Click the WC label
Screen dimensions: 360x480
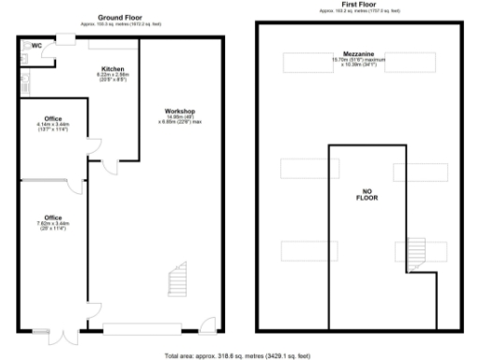point(37,45)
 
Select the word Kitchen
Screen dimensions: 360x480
point(113,70)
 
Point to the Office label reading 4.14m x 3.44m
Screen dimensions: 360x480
point(52,119)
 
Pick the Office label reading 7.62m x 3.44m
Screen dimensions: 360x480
point(52,218)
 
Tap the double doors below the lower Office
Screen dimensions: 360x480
point(63,337)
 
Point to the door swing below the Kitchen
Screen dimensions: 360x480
point(112,167)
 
